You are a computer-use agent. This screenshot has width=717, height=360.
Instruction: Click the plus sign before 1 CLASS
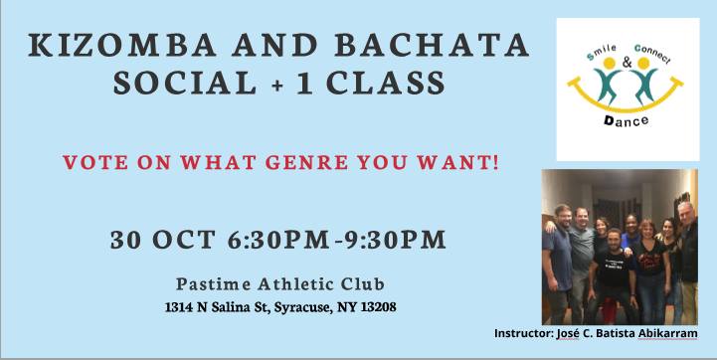coord(276,86)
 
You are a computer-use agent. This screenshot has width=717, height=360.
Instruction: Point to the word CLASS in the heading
coord(386,83)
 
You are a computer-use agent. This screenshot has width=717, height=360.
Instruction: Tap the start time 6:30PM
coord(277,240)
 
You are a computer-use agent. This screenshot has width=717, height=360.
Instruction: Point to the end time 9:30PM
coord(395,240)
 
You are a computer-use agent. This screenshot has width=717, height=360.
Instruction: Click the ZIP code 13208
coord(379,307)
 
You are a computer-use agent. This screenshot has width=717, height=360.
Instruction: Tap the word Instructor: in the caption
coord(523,333)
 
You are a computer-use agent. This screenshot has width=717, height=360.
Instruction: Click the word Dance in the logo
coord(626,121)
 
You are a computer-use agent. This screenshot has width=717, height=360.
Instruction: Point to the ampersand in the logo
coord(627,63)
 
